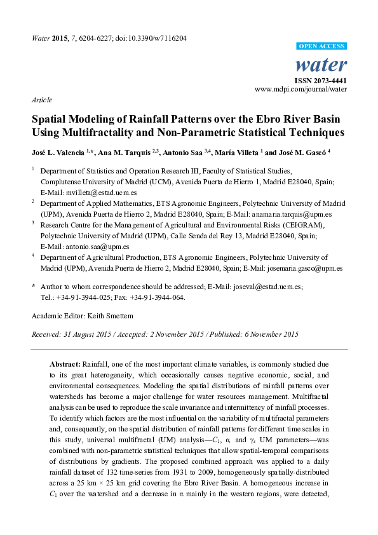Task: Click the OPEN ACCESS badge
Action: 321,47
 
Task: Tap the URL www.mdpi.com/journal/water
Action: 300,90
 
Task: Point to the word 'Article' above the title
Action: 41,100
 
